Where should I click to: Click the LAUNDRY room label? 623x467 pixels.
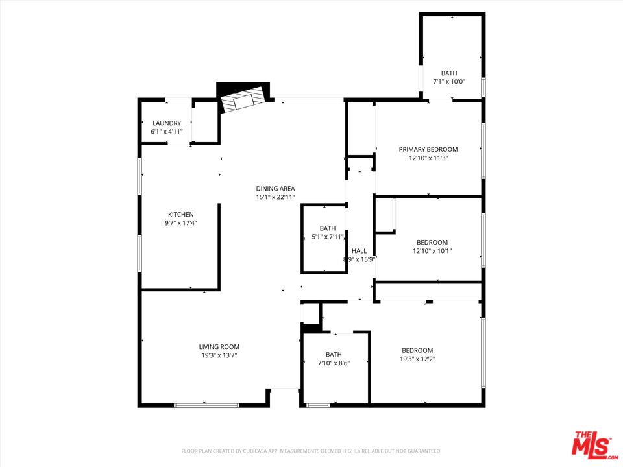point(167,123)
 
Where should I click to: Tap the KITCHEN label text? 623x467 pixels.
point(181,215)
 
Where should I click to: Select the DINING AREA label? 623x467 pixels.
point(275,189)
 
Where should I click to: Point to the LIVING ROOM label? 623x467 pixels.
point(219,347)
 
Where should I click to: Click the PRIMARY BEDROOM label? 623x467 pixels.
point(428,149)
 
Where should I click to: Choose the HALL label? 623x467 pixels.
point(359,251)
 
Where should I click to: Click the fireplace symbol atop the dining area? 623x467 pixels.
point(244,99)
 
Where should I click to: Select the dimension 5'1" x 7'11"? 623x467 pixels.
point(328,237)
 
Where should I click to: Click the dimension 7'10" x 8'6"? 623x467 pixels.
point(334,363)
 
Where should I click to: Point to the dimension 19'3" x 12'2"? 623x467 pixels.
point(417,359)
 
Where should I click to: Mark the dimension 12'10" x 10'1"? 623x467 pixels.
point(432,251)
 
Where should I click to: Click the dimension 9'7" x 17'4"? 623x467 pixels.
point(181,223)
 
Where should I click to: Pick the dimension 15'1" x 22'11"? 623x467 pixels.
point(275,197)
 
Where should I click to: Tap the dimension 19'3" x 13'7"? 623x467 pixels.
point(219,355)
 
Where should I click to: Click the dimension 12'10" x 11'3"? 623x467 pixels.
point(428,158)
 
